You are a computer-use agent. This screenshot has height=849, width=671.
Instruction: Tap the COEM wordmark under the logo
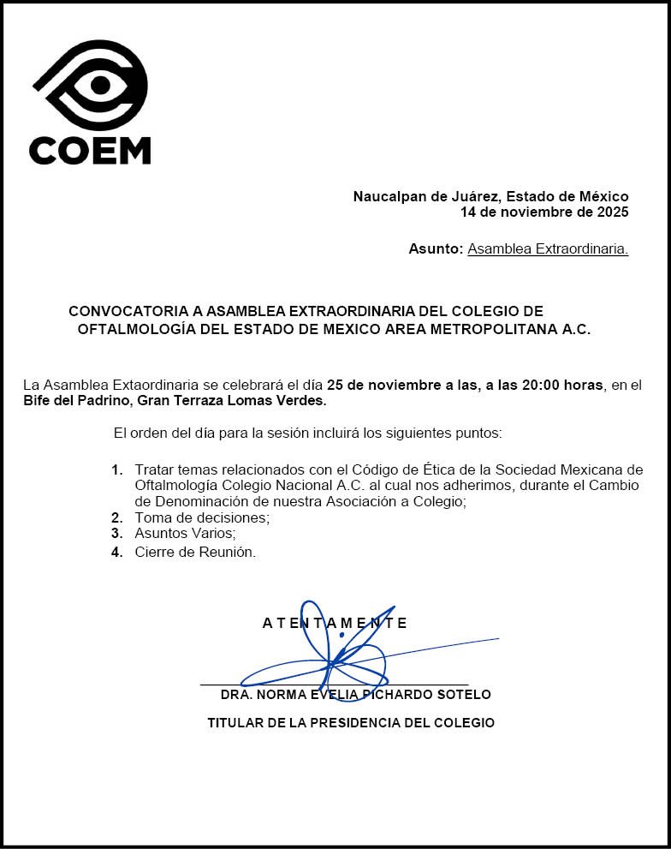coord(90,150)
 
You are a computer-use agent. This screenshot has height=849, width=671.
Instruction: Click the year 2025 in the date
coord(611,212)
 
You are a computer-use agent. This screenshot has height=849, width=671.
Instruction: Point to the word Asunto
coord(435,249)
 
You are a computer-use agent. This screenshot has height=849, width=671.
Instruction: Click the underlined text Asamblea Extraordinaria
coord(548,249)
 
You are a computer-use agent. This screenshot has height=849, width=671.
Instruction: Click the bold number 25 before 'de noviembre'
coord(335,386)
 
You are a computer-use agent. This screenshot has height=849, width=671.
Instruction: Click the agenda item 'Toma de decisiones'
coord(202,517)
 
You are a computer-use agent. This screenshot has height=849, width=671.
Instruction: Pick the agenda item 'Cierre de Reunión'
coord(195,553)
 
